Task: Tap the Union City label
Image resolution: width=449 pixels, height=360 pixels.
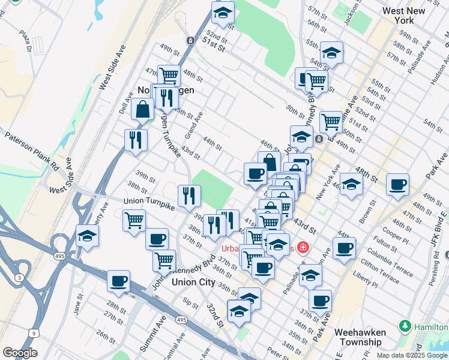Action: (193, 281)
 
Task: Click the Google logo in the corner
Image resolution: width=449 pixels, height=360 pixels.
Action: (20, 353)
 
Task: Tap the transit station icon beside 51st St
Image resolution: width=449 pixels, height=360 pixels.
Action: (190, 41)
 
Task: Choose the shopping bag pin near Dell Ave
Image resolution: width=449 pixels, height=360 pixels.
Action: (143, 110)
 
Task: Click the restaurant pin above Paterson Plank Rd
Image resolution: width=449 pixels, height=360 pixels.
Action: (136, 140)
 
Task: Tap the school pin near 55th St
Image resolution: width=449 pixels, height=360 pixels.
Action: (331, 53)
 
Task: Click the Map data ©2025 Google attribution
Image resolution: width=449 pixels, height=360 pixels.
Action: (412, 355)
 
